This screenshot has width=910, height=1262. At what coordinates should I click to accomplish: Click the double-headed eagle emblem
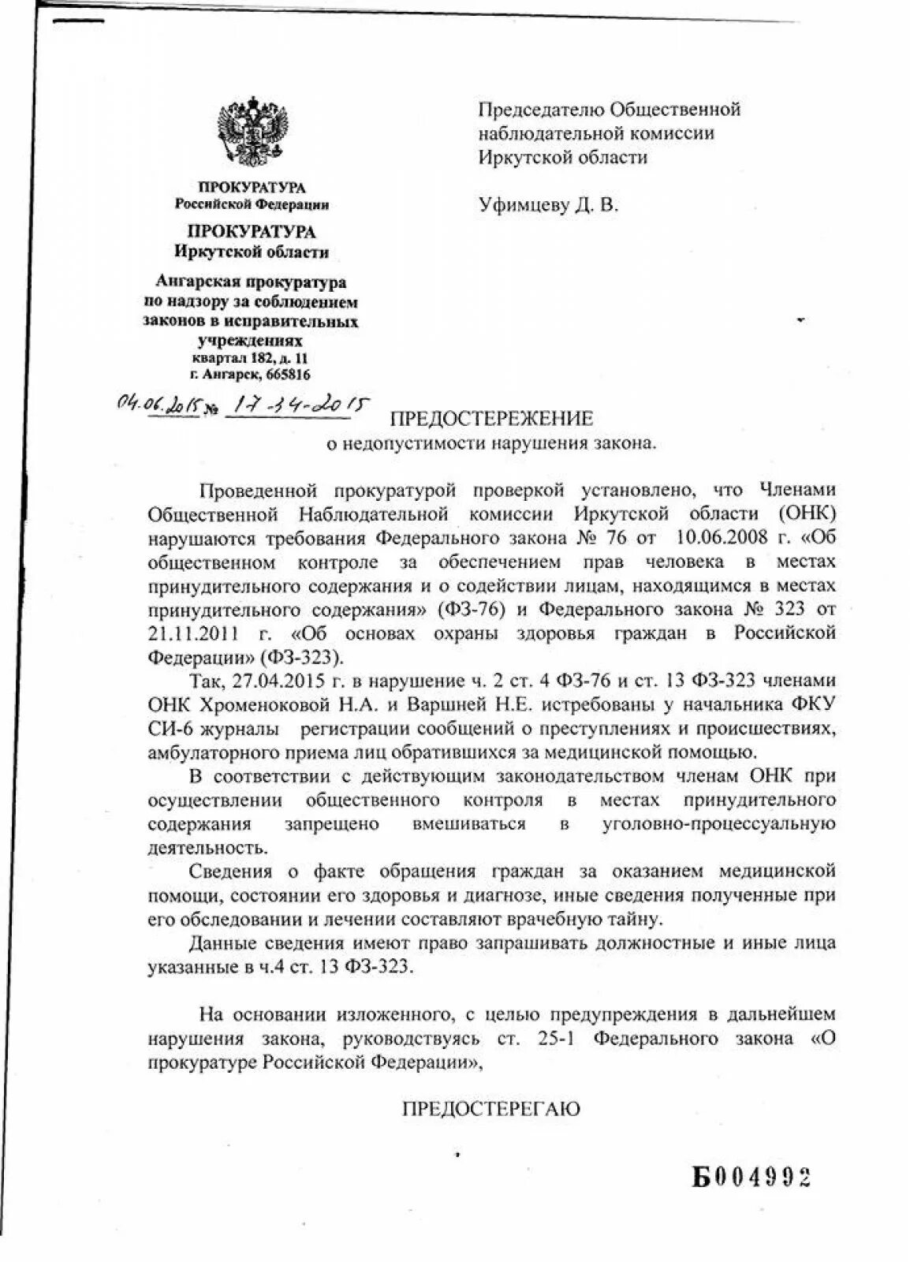click(x=252, y=130)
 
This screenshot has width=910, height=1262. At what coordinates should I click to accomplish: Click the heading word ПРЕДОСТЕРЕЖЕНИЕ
click(x=492, y=417)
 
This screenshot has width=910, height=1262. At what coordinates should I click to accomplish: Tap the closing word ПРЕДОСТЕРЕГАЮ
click(x=491, y=1108)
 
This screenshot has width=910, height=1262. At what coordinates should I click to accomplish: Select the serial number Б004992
click(x=752, y=1178)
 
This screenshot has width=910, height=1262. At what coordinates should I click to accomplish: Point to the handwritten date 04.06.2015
click(x=159, y=405)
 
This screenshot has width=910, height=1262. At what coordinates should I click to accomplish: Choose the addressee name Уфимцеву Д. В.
click(x=549, y=206)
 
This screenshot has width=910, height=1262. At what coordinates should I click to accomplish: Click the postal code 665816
click(x=288, y=375)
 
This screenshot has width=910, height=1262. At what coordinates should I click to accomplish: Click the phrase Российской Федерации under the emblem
click(x=252, y=205)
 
